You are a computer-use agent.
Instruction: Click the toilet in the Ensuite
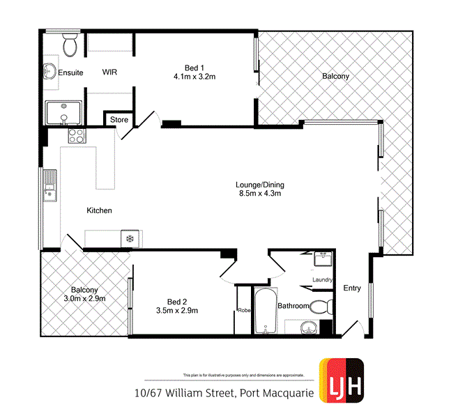70,46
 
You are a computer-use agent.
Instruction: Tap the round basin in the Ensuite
49,70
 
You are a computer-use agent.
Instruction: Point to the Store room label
119,120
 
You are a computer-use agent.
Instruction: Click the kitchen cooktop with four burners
75,135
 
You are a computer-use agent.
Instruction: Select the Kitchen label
99,210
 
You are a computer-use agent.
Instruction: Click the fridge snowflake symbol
129,239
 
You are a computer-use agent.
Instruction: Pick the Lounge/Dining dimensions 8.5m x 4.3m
261,194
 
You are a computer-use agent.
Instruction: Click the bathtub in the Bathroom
266,311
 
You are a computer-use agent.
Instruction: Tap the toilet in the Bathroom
321,306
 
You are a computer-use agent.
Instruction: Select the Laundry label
322,280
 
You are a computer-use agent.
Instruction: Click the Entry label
352,288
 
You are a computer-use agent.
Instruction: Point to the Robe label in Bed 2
244,310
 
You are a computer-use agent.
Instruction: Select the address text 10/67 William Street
185,394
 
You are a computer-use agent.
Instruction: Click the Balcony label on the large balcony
335,76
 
